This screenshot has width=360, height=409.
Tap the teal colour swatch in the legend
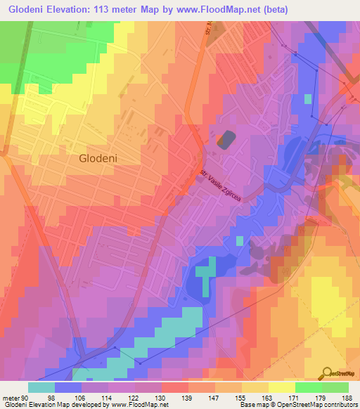pyautogui.click(x=41, y=387)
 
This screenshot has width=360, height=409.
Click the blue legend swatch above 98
pyautogui.click(x=68, y=387)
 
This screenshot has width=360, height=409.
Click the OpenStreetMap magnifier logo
pyautogui.click(x=328, y=372)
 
